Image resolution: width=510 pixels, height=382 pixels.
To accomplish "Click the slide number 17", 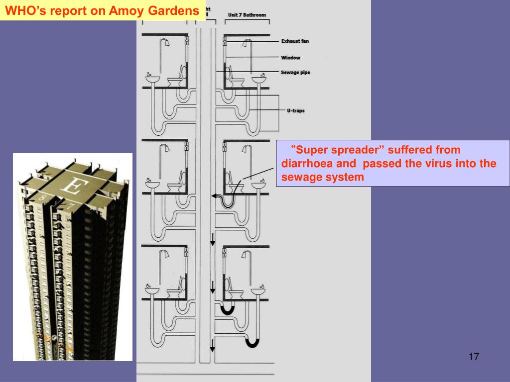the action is pyautogui.click(x=474, y=357).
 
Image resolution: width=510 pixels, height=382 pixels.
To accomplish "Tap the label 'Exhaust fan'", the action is pyautogui.click(x=295, y=41).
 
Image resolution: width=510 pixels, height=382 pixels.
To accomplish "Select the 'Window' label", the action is pyautogui.click(x=290, y=58).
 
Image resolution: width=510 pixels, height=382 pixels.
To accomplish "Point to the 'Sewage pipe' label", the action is pyautogui.click(x=295, y=73).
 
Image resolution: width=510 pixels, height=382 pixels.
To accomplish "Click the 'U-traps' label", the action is pyautogui.click(x=296, y=110).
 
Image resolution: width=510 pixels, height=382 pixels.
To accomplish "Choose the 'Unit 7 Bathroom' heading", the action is pyautogui.click(x=247, y=15).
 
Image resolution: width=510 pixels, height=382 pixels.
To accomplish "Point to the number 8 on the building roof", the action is pyautogui.click(x=42, y=197).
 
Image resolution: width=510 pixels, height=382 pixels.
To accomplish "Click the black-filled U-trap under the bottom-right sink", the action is pyautogui.click(x=252, y=343).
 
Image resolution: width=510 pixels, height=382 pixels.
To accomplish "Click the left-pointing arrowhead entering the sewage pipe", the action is pyautogui.click(x=214, y=196).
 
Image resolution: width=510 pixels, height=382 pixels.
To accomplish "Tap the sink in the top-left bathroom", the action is pyautogui.click(x=152, y=79).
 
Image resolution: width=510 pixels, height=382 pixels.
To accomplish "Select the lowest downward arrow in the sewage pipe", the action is pyautogui.click(x=212, y=345).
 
